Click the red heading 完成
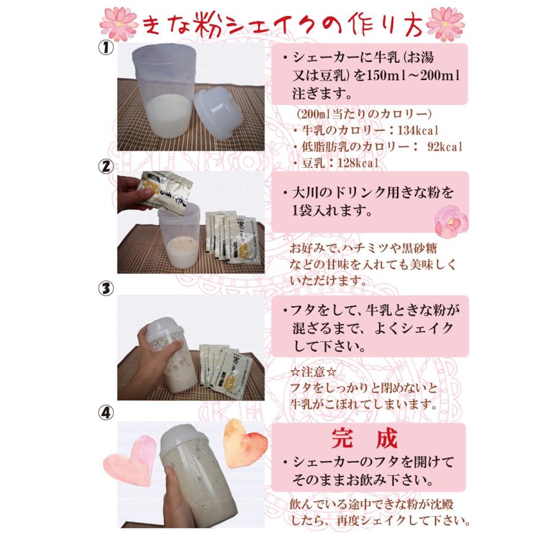pos(370,440)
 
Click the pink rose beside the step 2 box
pos(452,219)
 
